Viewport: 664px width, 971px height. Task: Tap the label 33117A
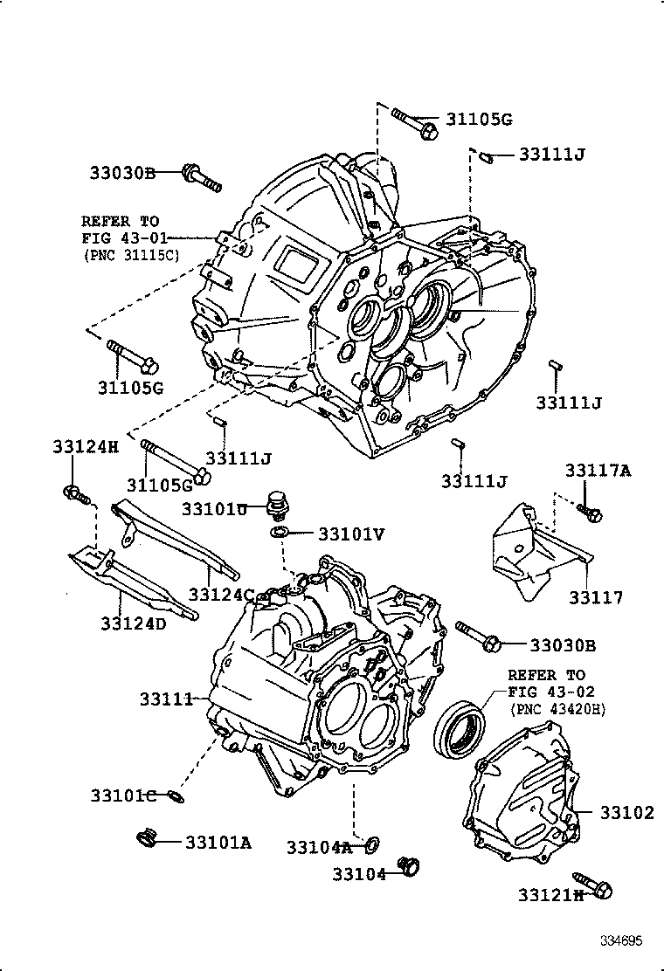coord(597,471)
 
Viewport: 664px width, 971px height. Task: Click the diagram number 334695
coord(620,940)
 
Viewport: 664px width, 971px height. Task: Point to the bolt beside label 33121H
coord(593,884)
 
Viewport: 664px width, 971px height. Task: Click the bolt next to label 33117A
coord(590,513)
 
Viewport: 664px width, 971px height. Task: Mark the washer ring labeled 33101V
coord(279,533)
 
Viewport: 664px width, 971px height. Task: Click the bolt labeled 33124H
coord(75,494)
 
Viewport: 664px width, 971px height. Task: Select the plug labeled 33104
coord(408,866)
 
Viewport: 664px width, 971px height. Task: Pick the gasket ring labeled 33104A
coord(371,844)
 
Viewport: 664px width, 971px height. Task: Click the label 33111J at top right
coord(550,155)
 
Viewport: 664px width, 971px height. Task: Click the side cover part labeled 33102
coord(520,790)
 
